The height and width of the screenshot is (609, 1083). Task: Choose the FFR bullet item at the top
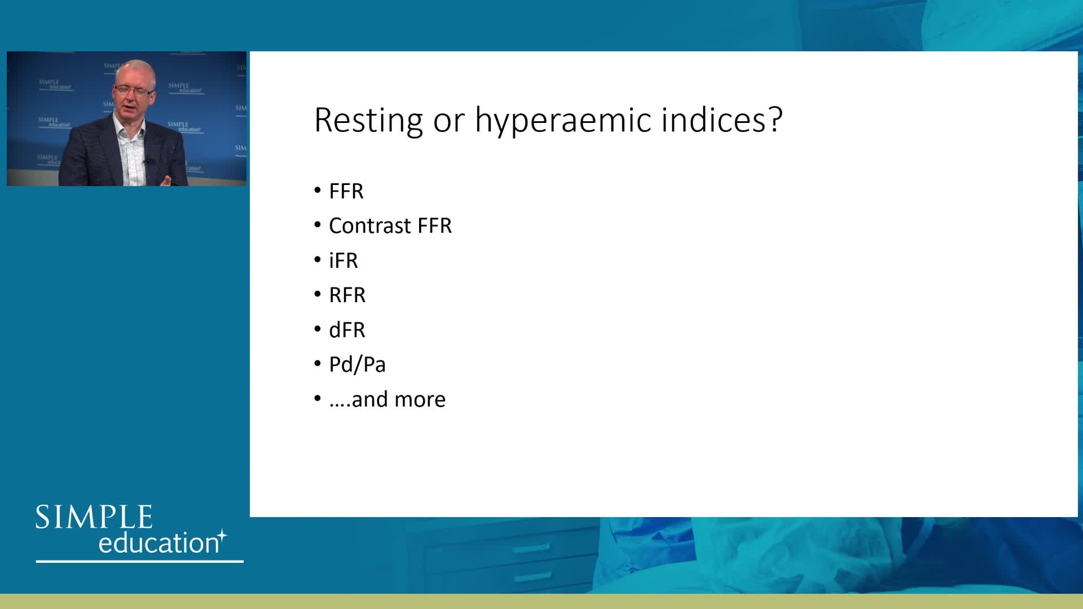(x=346, y=191)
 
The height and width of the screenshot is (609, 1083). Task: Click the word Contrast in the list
(x=370, y=226)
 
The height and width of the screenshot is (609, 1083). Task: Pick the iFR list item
(x=344, y=261)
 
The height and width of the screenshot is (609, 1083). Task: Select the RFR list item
(x=347, y=295)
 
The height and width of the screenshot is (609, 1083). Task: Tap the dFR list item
(x=347, y=330)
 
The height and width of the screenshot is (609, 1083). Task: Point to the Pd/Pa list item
(x=358, y=364)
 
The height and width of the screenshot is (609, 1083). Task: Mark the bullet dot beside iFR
(x=318, y=261)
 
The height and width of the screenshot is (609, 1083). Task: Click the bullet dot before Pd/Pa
(x=318, y=364)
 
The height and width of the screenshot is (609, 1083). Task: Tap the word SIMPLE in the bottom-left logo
(x=94, y=517)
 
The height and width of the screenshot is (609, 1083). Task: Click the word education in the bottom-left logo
(x=159, y=542)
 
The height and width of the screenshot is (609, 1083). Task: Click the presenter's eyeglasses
(x=133, y=90)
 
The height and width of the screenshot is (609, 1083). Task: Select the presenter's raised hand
(x=167, y=179)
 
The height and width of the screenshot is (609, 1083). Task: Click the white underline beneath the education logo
(x=140, y=561)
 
